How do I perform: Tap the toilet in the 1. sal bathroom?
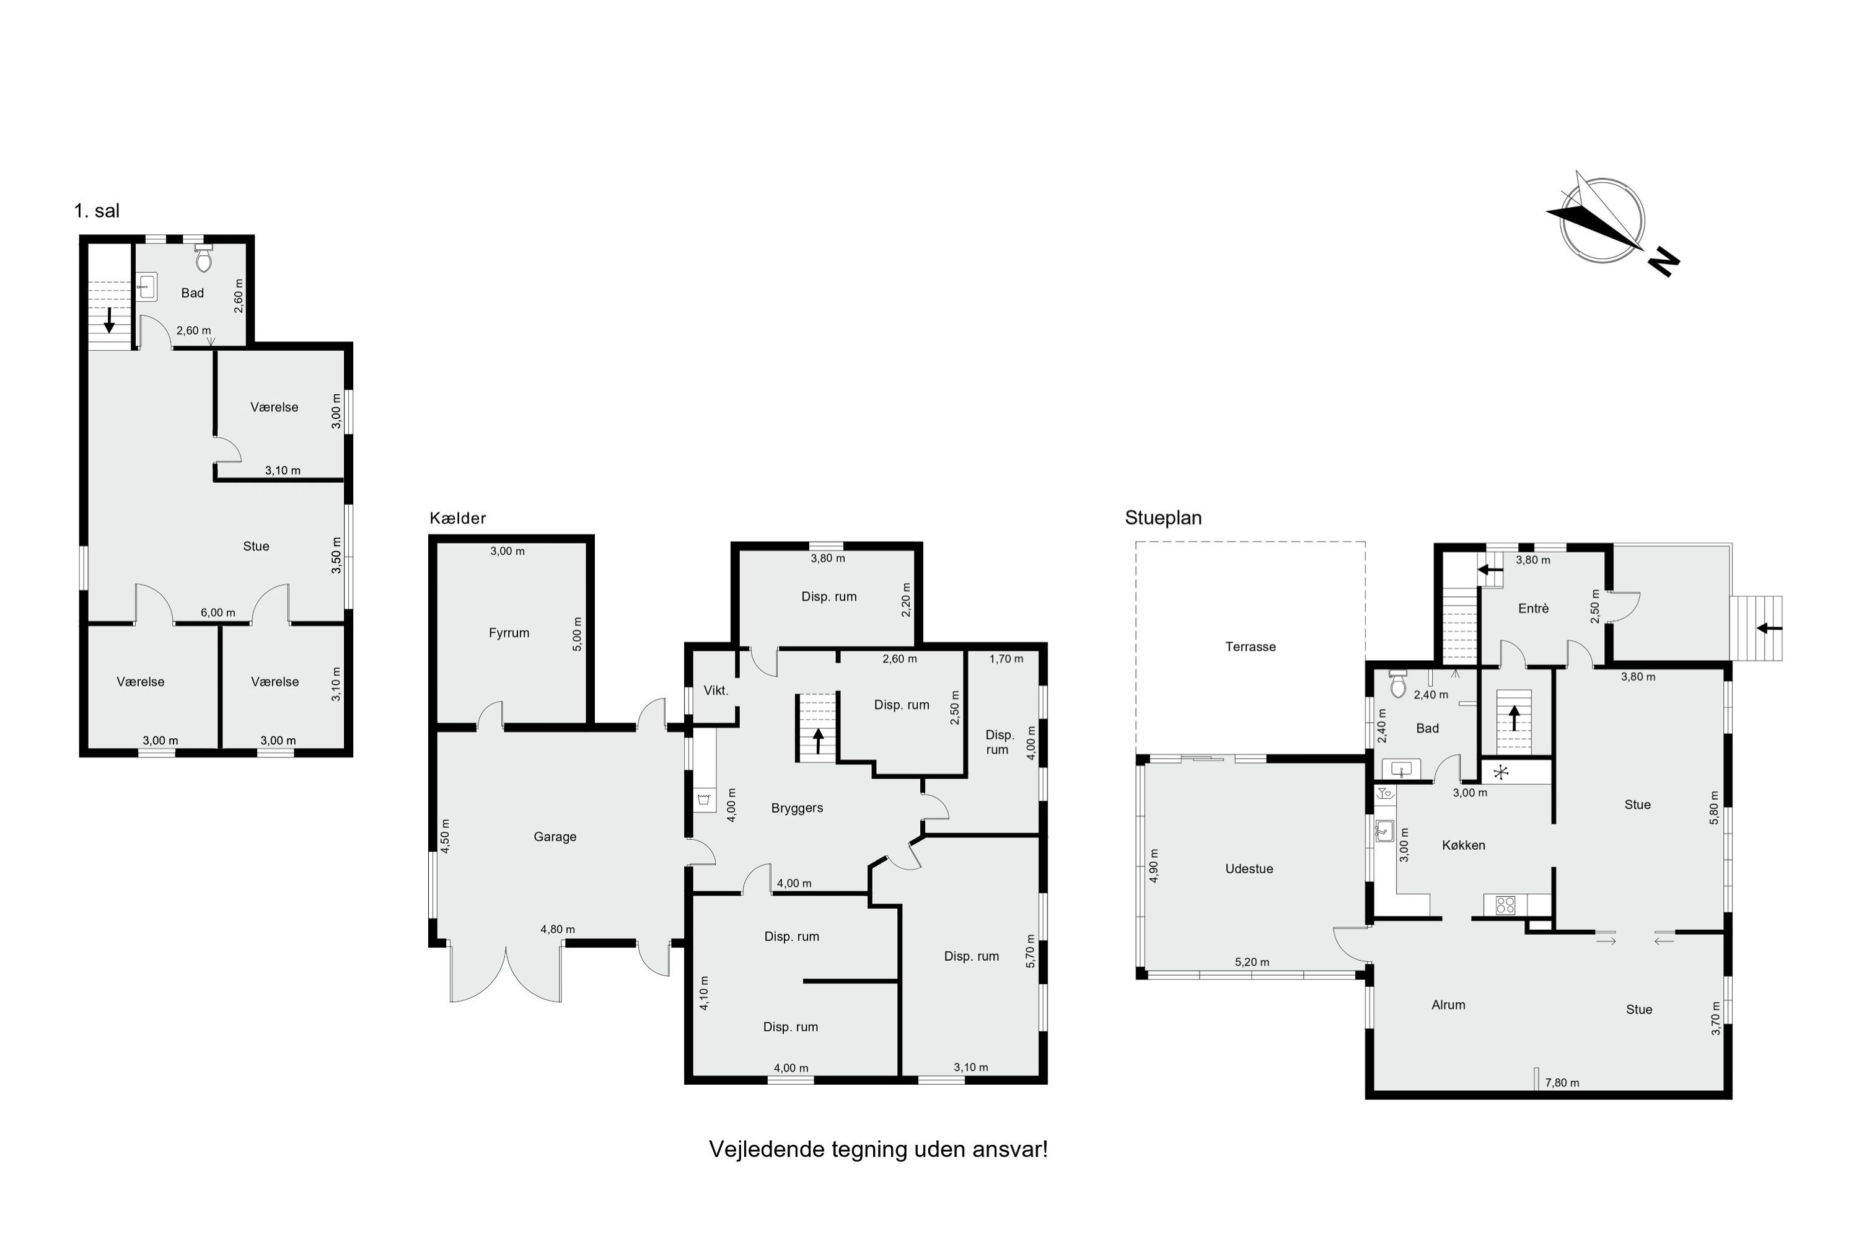pyautogui.click(x=204, y=258)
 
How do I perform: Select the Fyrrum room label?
pyautogui.click(x=509, y=633)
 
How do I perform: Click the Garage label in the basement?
pyautogui.click(x=555, y=837)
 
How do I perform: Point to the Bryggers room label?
pyautogui.click(x=797, y=808)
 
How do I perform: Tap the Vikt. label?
pyautogui.click(x=716, y=690)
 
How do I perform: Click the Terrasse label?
pyautogui.click(x=1250, y=646)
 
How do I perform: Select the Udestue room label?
pyautogui.click(x=1248, y=869)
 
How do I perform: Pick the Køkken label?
pyautogui.click(x=1463, y=845)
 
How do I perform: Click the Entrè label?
pyautogui.click(x=1532, y=609)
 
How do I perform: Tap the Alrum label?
pyautogui.click(x=1448, y=1005)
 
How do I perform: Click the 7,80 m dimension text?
pyautogui.click(x=1562, y=1083)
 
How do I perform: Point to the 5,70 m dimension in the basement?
pyautogui.click(x=1029, y=951)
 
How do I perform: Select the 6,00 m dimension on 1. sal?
pyautogui.click(x=218, y=612)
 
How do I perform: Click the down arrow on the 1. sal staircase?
pyautogui.click(x=110, y=320)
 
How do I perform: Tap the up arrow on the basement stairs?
pyautogui.click(x=819, y=741)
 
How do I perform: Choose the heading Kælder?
pyautogui.click(x=457, y=518)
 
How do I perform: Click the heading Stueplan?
pyautogui.click(x=1163, y=518)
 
